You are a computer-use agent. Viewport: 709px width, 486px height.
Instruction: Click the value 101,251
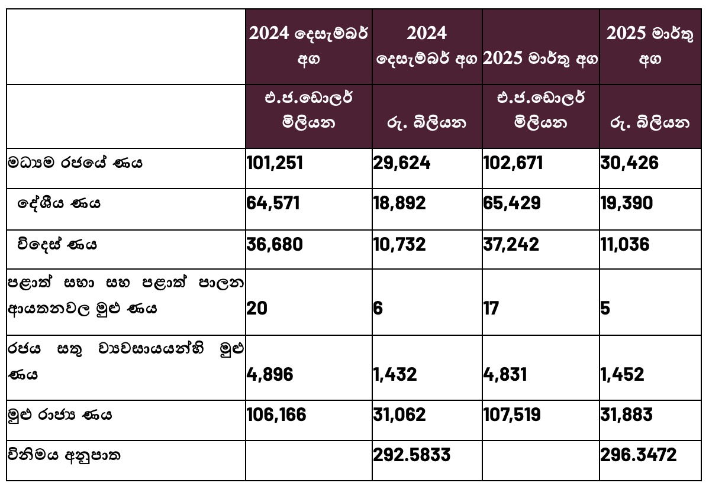coord(275,163)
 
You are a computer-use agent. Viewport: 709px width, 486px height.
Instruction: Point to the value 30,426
coord(629,163)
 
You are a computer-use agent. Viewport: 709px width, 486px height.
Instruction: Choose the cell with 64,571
coord(273,203)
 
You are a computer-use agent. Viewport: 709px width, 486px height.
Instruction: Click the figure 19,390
coord(626,203)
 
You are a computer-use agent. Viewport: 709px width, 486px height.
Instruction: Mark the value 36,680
coord(274,244)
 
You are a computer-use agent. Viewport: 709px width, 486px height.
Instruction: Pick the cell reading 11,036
coord(625,244)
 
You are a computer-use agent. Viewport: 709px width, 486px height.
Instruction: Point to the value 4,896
coord(269,374)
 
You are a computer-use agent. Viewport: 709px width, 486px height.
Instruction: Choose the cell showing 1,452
coord(622,374)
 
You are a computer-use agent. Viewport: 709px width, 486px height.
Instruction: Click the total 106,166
coord(276,414)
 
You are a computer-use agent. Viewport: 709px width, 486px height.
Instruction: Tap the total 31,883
coord(626,414)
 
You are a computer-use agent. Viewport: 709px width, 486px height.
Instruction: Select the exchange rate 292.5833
coord(412,455)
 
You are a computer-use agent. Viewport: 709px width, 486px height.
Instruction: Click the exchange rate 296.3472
coord(639,455)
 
